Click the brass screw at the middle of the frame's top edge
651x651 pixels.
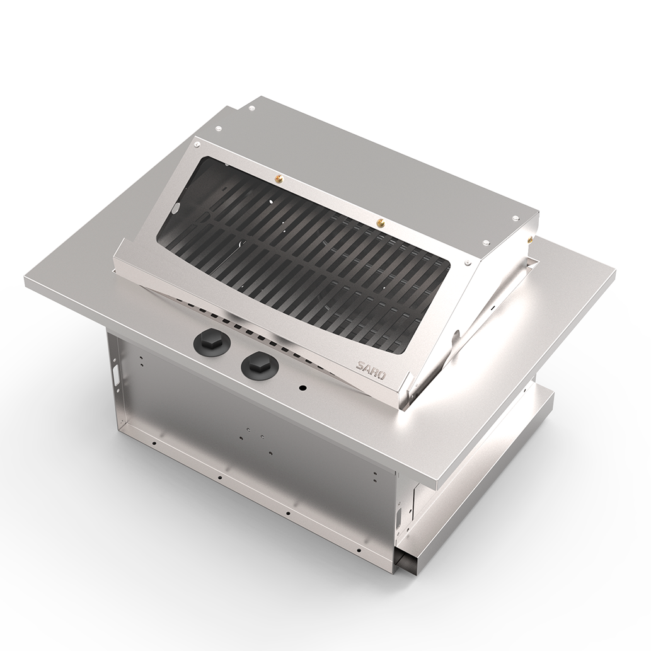pyautogui.click(x=379, y=222)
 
